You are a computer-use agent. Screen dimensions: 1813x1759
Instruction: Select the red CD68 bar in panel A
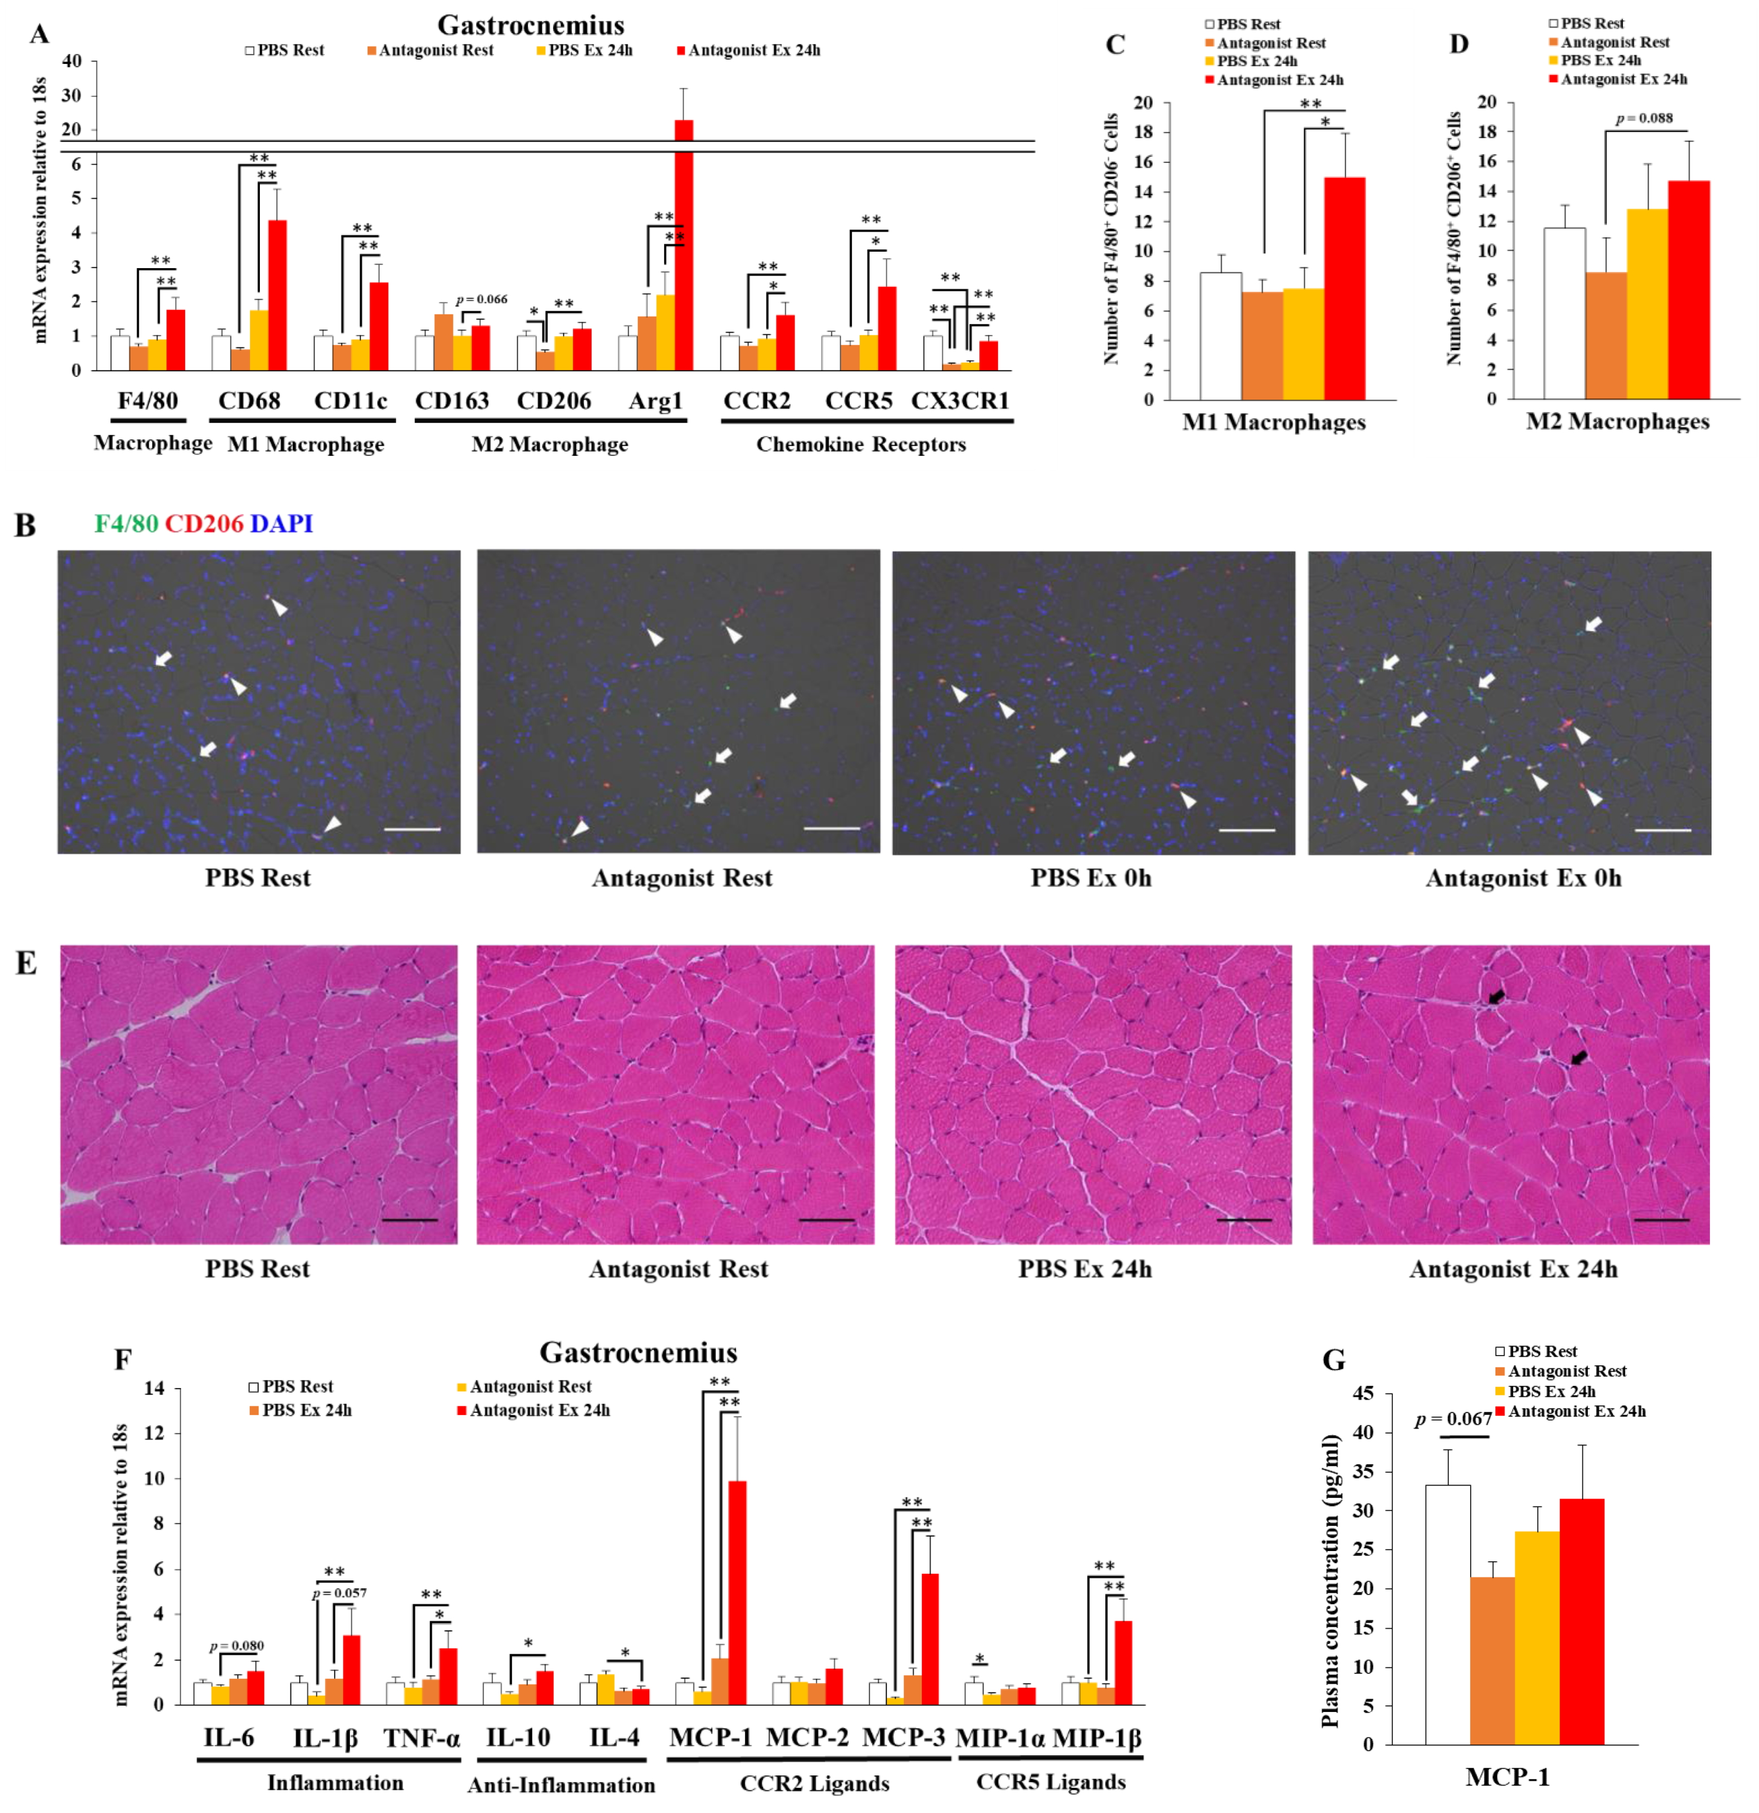(277, 296)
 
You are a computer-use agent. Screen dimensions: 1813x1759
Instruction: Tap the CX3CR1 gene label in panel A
(960, 401)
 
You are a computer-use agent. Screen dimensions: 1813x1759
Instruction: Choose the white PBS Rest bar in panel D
(1564, 315)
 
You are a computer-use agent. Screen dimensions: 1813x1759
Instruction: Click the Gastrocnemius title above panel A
(530, 25)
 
